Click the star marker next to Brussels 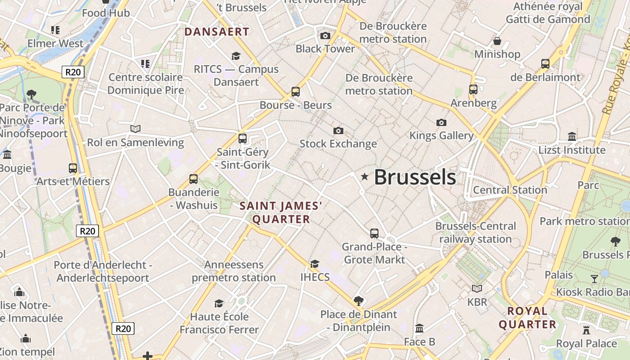(364, 177)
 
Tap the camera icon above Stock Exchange (338, 130)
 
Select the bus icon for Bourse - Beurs (296, 92)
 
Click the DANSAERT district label (216, 31)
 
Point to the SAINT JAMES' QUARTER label (281, 212)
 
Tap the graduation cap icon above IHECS (315, 264)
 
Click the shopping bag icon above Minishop (497, 41)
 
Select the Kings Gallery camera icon (441, 122)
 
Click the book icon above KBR (477, 288)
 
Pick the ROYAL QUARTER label (527, 317)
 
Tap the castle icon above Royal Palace (586, 330)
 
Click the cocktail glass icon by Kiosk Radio (594, 279)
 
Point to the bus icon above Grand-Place (374, 233)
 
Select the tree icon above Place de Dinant (358, 301)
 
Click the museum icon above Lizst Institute (572, 136)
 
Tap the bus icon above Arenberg (473, 89)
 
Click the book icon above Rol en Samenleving (135, 129)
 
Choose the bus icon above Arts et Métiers (73, 168)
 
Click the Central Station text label (509, 190)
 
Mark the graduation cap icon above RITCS (236, 56)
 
